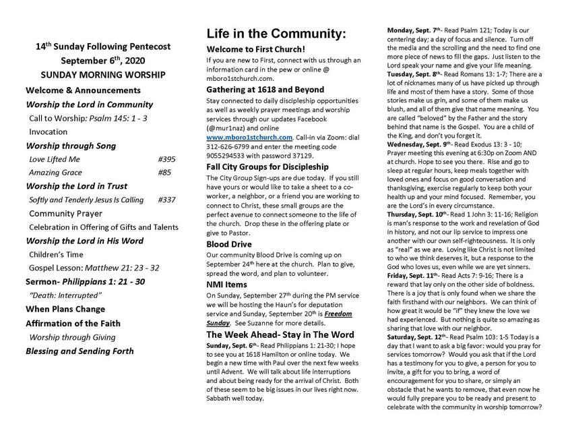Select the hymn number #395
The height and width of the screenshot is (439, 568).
pyautogui.click(x=166, y=159)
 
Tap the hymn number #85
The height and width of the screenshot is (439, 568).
pyautogui.click(x=164, y=173)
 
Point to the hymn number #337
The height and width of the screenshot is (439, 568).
pyautogui.click(x=166, y=200)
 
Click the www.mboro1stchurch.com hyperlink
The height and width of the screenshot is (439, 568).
pyautogui.click(x=249, y=137)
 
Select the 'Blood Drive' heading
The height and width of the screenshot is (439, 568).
pyautogui.click(x=229, y=243)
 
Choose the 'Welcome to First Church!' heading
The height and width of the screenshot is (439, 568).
pyautogui.click(x=255, y=49)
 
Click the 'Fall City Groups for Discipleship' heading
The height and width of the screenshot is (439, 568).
pyautogui.click(x=267, y=167)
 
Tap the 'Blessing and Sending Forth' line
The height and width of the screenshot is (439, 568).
pyautogui.click(x=80, y=351)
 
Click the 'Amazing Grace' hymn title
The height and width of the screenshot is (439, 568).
pyautogui.click(x=56, y=173)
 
